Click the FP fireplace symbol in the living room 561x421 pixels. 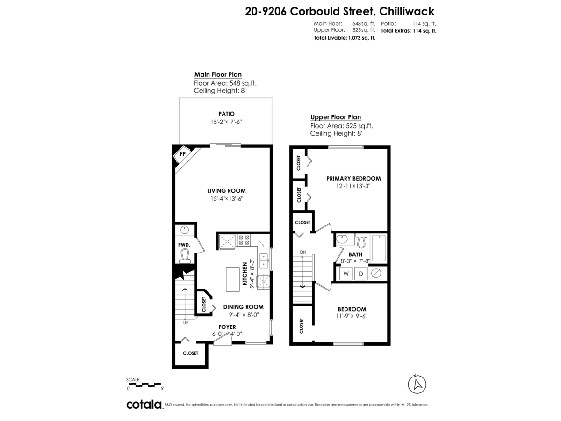[182, 154]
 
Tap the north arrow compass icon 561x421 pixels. [417, 384]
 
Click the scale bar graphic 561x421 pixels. [144, 385]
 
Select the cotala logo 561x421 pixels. [144, 405]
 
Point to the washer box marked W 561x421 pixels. [346, 274]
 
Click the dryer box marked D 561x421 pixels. [360, 274]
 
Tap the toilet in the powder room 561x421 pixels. [185, 256]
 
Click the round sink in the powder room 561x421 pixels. [185, 230]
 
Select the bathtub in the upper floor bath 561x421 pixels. [379, 248]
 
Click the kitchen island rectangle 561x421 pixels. [232, 279]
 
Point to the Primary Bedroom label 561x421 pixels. [353, 178]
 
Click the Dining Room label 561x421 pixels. [243, 307]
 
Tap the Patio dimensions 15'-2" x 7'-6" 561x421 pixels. [226, 122]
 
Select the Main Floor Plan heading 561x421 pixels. [218, 74]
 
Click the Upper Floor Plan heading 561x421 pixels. [336, 117]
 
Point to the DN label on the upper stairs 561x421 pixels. [303, 252]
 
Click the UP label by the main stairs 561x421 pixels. [186, 323]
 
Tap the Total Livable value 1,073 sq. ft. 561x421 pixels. [362, 38]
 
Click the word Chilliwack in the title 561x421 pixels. [407, 11]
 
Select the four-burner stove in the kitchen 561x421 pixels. [244, 240]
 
